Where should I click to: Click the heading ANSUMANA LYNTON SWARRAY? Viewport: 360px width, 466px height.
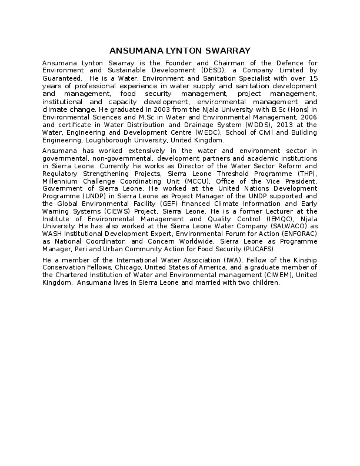pos(180,51)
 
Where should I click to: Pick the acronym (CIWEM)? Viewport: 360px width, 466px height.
pos(280,275)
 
